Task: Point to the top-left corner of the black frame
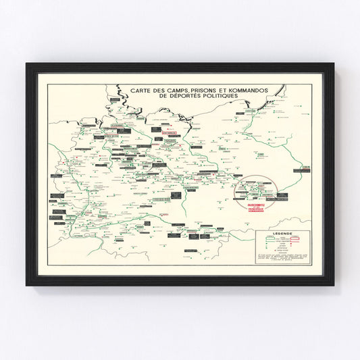coord(27,64)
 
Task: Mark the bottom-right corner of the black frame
coord(333,284)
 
